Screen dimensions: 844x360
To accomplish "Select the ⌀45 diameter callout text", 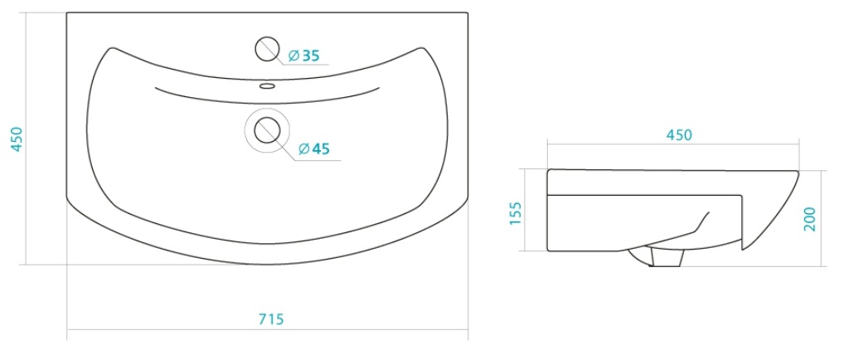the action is [x=313, y=148].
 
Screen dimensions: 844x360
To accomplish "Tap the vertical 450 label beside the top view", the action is [x=17, y=139].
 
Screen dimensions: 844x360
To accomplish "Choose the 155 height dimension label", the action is [x=517, y=214].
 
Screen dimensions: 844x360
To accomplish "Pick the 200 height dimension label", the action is [x=809, y=219].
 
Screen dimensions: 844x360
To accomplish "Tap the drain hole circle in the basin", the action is [x=267, y=130].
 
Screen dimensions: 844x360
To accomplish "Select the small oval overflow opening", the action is [x=267, y=85].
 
